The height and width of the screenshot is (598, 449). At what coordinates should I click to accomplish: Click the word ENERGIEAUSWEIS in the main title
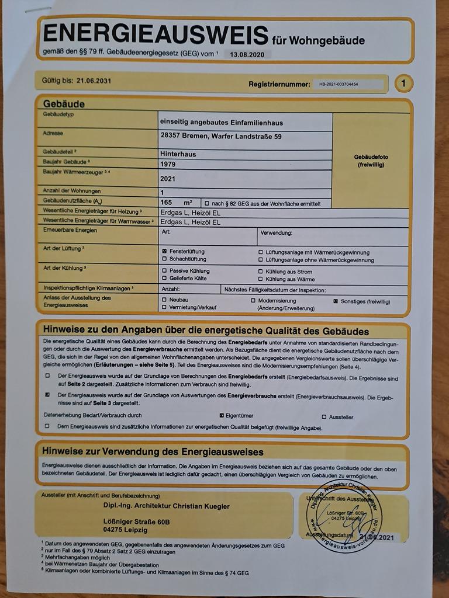(x=155, y=34)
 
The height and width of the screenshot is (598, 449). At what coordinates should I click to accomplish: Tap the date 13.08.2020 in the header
(x=247, y=54)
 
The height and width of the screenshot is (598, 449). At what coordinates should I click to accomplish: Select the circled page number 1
(x=403, y=84)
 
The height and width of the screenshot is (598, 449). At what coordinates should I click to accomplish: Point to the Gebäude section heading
(x=64, y=104)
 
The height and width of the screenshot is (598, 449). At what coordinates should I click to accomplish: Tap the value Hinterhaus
(x=178, y=154)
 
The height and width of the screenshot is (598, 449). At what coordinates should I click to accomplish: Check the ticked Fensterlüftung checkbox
(x=164, y=251)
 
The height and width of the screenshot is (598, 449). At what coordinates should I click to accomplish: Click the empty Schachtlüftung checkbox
(x=164, y=259)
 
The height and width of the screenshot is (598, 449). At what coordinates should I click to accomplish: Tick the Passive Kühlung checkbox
(x=164, y=271)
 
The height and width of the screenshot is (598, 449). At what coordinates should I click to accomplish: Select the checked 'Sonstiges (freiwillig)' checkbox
(x=336, y=301)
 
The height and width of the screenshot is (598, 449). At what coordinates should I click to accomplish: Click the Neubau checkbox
(x=164, y=299)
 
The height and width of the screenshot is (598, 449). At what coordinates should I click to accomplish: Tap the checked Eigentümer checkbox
(x=222, y=415)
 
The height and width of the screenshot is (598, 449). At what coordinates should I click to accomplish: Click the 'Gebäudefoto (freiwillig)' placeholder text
(x=371, y=161)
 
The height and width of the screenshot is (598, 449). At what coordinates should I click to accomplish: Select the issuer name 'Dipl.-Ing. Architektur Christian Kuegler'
(x=166, y=506)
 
